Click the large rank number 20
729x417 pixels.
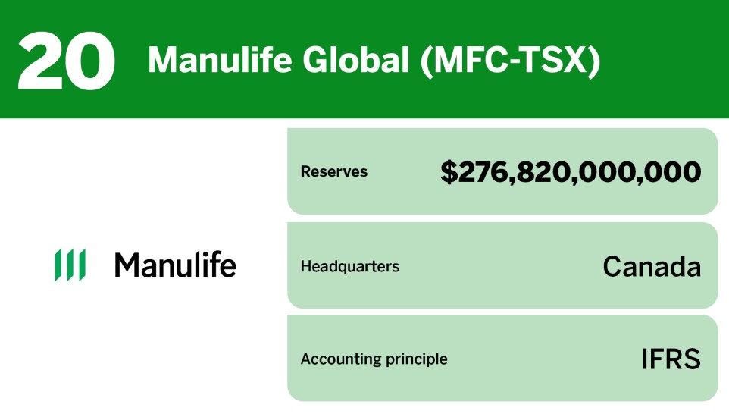[66, 61]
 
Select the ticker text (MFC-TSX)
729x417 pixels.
[510, 61]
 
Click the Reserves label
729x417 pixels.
[333, 172]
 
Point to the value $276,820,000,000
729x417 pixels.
[571, 172]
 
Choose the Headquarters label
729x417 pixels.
[349, 267]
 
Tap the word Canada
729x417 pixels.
[652, 267]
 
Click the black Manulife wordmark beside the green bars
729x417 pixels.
[175, 265]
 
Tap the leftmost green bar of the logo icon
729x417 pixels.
[58, 265]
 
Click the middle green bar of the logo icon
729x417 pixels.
[70, 265]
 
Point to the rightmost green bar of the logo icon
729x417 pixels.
[82, 265]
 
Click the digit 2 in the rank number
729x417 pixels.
[40, 61]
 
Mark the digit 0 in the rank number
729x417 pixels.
[91, 61]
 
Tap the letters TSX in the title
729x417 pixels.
[561, 61]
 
